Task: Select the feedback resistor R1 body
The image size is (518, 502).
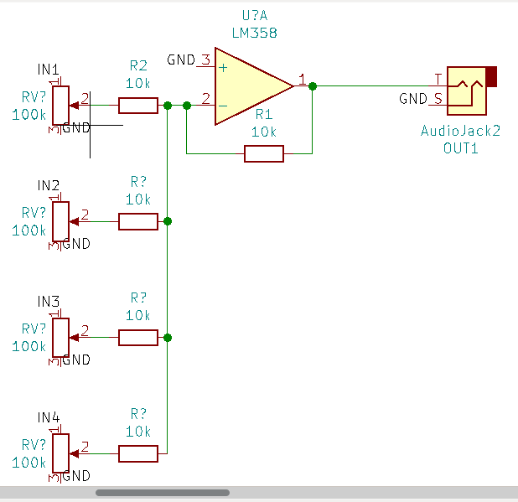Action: tap(263, 153)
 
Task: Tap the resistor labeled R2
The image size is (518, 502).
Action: tap(137, 105)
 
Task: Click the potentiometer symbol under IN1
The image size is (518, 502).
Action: tap(60, 104)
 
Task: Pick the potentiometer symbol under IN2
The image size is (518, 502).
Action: tap(60, 220)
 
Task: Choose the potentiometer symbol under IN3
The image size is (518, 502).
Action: tap(60, 337)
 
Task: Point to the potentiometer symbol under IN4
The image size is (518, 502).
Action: tap(60, 453)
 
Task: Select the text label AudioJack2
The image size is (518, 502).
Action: tap(460, 132)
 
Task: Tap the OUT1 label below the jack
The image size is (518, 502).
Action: tap(460, 147)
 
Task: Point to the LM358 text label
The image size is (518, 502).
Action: tap(254, 34)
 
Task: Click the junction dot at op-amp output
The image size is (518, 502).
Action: tap(312, 85)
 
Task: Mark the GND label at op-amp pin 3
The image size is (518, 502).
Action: tap(181, 60)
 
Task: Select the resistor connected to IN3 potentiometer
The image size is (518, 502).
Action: tap(137, 338)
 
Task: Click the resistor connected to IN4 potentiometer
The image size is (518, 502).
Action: tap(137, 453)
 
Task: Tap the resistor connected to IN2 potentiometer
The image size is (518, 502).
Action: tap(137, 221)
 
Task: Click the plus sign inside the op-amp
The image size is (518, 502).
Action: tap(223, 66)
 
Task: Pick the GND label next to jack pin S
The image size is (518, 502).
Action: tap(413, 99)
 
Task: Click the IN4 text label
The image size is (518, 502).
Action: tap(49, 417)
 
